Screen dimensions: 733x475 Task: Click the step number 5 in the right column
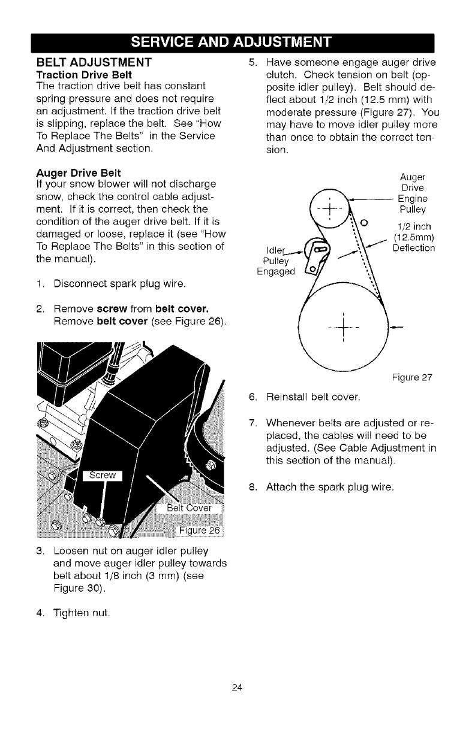[x=252, y=63]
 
